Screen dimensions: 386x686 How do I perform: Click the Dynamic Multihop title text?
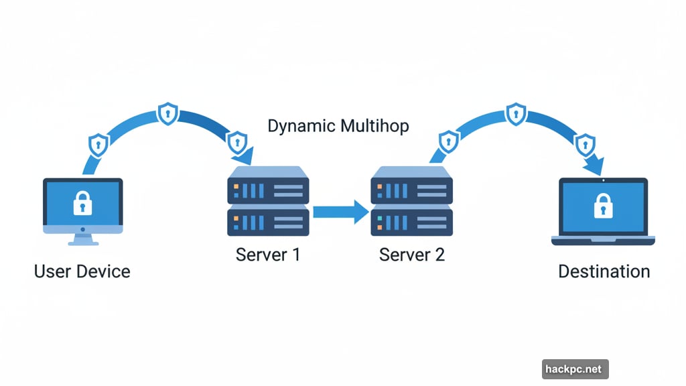338,126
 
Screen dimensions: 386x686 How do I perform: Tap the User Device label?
82,271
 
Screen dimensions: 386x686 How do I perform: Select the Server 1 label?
267,255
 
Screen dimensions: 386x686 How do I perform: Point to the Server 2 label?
411,255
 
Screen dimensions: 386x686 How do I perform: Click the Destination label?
604,271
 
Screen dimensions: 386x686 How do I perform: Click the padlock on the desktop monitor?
82,203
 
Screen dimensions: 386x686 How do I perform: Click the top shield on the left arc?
167,114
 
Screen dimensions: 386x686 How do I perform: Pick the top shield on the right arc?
515,113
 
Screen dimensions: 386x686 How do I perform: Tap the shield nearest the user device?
99,144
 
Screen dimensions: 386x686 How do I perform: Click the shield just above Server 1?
237,142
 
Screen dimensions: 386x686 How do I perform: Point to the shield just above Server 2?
448,141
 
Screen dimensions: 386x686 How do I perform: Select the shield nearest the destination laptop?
584,144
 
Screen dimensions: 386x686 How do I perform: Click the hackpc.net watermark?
575,369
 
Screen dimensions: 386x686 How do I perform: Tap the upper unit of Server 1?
268,186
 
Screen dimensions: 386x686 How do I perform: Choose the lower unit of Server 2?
412,221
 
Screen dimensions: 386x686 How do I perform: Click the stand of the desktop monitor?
82,239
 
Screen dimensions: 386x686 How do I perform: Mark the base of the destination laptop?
603,240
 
